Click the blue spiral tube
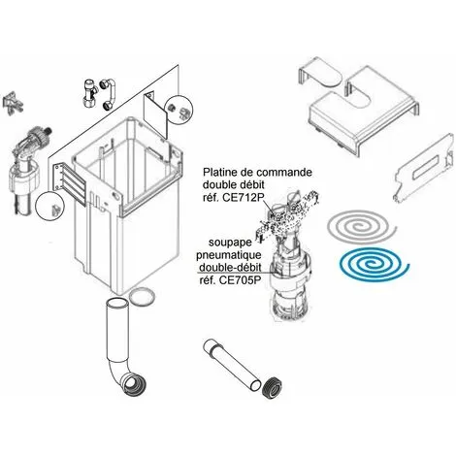[x=356, y=274]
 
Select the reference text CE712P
[x=242, y=197]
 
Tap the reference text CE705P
[x=240, y=280]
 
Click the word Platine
[x=219, y=172]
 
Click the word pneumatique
[x=229, y=255]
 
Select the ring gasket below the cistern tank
[x=142, y=296]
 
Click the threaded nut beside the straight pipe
[x=271, y=387]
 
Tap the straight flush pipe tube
[x=232, y=365]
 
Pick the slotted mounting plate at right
[x=424, y=168]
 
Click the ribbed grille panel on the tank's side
[x=69, y=183]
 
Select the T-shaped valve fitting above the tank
[x=89, y=93]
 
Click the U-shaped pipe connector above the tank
[x=109, y=93]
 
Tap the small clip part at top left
[x=13, y=103]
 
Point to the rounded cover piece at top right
[x=319, y=73]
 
